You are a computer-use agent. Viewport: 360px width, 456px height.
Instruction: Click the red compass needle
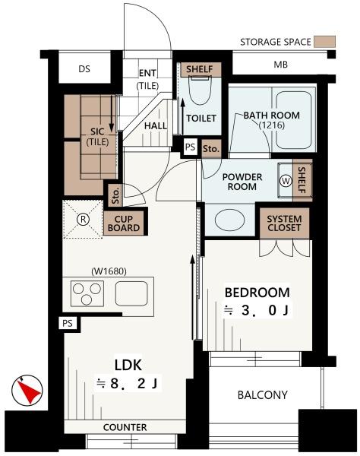click(x=28, y=391)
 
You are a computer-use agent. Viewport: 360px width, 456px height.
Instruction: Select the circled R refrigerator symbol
click(x=83, y=219)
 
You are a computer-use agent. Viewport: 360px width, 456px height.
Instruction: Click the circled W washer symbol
click(x=286, y=181)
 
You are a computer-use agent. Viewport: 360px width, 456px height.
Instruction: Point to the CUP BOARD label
click(x=124, y=223)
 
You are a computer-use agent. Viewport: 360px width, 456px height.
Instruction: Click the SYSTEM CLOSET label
click(x=284, y=223)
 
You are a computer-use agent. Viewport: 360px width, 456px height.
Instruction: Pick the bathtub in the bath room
click(x=294, y=120)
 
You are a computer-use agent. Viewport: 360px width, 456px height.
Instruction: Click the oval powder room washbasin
click(x=230, y=220)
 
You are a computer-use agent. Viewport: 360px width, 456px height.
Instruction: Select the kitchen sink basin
click(x=131, y=293)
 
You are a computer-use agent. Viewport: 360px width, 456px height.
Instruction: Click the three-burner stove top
click(x=87, y=293)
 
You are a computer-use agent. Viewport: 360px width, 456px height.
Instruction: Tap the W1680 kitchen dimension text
click(x=109, y=271)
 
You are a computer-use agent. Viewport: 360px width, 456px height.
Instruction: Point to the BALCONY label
click(x=262, y=395)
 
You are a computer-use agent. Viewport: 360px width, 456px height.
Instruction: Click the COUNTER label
click(x=125, y=427)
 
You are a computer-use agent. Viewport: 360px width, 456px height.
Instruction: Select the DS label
click(x=84, y=69)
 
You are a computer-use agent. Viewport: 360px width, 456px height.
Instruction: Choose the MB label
click(x=281, y=65)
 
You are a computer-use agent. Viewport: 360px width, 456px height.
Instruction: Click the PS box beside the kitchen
click(x=68, y=323)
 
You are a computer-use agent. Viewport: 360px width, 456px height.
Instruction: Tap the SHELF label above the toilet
click(x=200, y=69)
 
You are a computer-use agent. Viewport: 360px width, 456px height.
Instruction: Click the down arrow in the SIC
click(x=112, y=113)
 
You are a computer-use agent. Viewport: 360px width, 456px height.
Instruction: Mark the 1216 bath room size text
click(x=272, y=125)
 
